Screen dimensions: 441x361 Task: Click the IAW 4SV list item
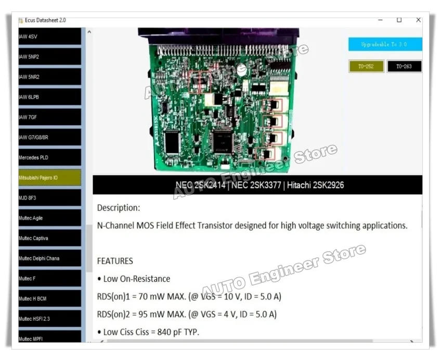(49, 36)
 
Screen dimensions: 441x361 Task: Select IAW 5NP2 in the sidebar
(49, 57)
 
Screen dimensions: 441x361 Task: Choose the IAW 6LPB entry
(49, 97)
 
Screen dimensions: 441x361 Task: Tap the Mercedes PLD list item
(49, 157)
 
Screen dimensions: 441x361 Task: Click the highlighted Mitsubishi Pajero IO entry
(49, 178)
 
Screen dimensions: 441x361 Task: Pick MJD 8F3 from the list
(49, 198)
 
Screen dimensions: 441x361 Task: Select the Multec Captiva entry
(49, 238)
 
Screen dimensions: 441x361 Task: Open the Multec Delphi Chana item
(49, 258)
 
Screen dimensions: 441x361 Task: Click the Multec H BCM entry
(49, 298)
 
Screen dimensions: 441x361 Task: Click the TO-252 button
(366, 67)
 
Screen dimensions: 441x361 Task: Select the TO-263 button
(404, 67)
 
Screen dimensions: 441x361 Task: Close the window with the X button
(418, 20)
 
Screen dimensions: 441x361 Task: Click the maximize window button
(399, 20)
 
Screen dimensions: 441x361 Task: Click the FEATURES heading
(115, 261)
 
